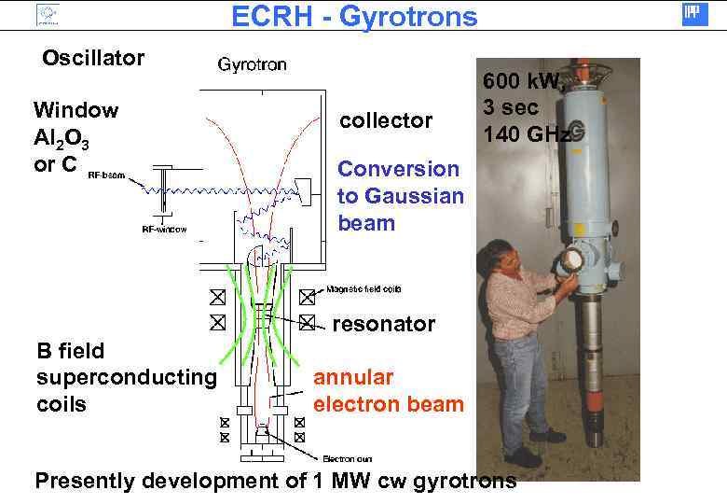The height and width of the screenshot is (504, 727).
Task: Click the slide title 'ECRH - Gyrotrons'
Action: click(x=353, y=16)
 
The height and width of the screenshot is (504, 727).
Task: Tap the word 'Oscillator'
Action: click(x=93, y=58)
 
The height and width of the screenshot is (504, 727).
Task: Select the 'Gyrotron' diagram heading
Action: click(x=252, y=65)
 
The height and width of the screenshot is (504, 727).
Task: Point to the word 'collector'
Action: click(x=386, y=120)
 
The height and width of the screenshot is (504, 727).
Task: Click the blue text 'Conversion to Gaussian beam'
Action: click(x=400, y=196)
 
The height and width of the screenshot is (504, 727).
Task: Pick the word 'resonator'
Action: click(x=384, y=324)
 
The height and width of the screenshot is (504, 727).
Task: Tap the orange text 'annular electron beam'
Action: click(x=388, y=391)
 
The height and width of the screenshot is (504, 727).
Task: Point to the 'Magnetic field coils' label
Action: click(x=363, y=289)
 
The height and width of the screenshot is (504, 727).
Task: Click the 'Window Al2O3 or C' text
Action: click(x=75, y=137)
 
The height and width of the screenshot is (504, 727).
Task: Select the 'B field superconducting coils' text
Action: click(x=125, y=378)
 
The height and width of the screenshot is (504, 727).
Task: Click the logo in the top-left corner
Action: click(x=47, y=14)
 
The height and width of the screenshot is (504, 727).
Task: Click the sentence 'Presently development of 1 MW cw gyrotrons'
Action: click(x=275, y=482)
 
